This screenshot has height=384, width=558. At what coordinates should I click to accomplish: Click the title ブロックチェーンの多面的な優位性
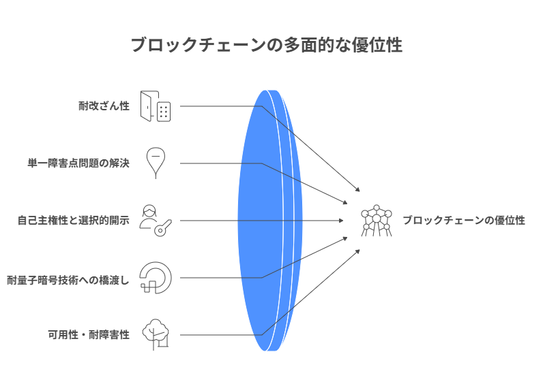click(266, 46)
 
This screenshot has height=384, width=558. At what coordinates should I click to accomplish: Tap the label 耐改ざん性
click(104, 106)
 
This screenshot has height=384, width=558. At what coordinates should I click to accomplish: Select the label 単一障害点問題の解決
click(78, 163)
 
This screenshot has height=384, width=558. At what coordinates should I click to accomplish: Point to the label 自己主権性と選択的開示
click(73, 221)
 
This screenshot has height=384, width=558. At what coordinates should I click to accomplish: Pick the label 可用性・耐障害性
click(88, 335)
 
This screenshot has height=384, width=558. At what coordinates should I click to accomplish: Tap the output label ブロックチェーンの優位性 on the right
click(463, 221)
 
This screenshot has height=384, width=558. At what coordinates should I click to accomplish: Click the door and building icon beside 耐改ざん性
click(155, 106)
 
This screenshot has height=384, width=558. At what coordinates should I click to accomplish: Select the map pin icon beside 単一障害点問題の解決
click(156, 163)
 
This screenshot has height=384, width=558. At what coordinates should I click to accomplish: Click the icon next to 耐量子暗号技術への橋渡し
click(155, 278)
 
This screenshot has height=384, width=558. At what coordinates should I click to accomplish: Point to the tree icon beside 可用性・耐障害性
click(155, 334)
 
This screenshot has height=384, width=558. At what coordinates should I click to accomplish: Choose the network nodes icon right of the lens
click(376, 221)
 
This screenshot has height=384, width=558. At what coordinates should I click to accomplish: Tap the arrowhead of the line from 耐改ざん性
click(357, 190)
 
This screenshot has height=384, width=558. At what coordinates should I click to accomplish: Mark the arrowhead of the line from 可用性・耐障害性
click(357, 251)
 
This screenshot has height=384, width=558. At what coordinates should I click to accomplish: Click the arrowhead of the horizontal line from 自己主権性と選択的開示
click(341, 221)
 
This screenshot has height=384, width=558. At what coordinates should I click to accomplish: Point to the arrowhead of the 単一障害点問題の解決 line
click(345, 203)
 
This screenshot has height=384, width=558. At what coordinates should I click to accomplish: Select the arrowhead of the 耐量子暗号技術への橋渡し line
click(345, 238)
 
